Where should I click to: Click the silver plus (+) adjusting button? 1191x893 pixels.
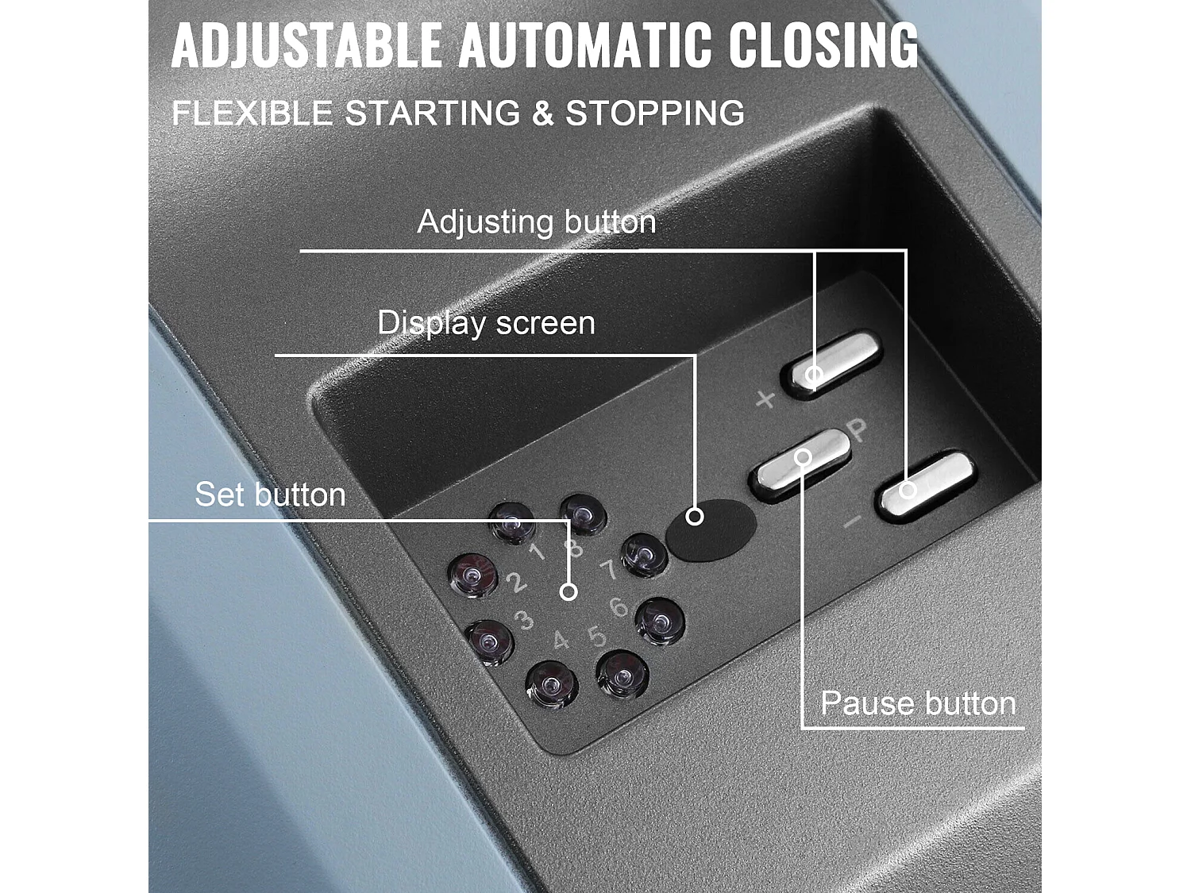832,364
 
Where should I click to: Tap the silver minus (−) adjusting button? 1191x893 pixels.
926,483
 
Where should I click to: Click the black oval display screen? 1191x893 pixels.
711,530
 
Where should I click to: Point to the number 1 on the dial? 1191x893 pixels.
537,552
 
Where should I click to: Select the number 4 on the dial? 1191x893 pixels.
561,640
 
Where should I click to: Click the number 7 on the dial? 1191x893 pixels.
609,570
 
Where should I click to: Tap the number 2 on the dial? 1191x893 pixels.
516,582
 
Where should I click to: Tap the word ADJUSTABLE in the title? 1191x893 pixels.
306,45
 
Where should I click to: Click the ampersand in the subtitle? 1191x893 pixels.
542,114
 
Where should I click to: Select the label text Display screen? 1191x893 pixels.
486,323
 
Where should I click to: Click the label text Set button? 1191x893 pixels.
270,495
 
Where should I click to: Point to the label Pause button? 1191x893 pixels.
918,703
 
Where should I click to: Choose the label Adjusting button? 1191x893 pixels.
537,221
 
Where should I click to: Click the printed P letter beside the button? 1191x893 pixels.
858,431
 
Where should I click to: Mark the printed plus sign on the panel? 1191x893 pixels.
765,398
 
